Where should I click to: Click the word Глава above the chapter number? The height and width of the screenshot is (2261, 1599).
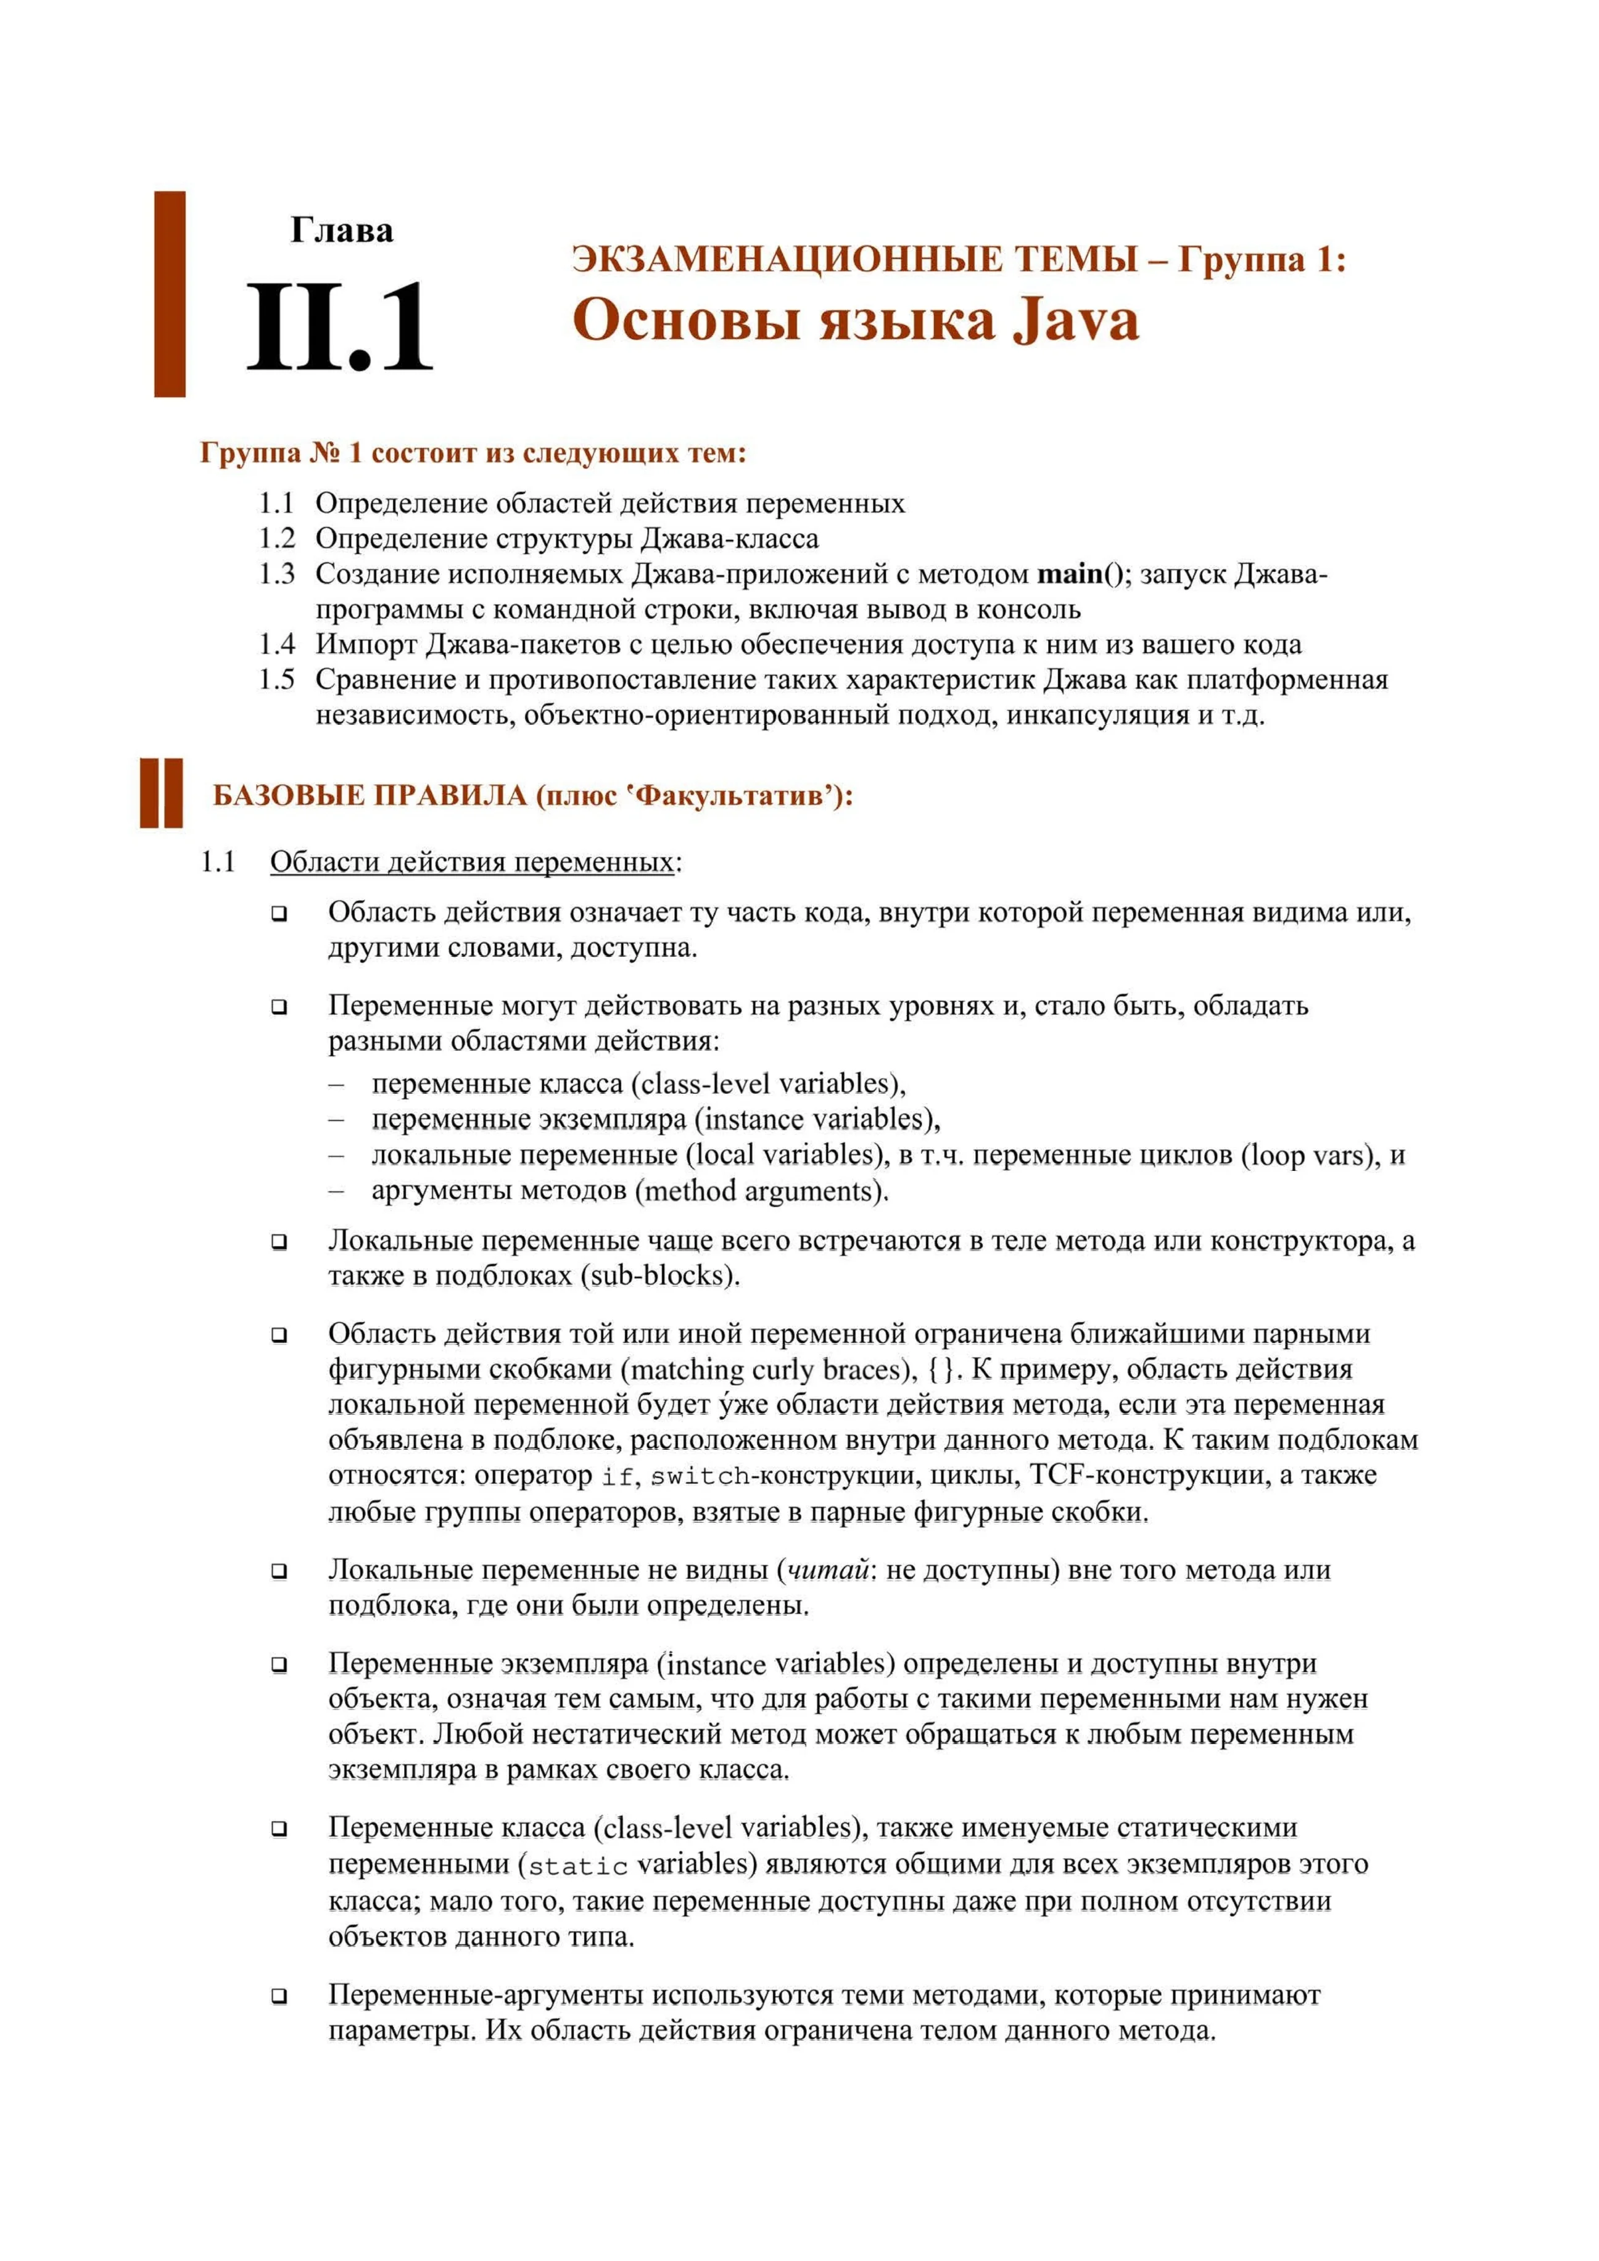click(x=342, y=231)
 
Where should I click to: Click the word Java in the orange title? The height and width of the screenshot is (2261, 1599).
click(x=1076, y=321)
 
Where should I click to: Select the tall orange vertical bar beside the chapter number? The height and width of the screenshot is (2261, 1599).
click(x=170, y=294)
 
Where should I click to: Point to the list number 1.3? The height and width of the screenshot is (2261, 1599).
click(x=276, y=574)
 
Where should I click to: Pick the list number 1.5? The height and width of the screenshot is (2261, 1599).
click(x=276, y=679)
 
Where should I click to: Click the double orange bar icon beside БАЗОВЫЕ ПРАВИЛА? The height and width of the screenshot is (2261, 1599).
click(x=162, y=793)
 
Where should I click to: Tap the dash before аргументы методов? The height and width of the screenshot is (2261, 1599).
click(x=337, y=1191)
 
